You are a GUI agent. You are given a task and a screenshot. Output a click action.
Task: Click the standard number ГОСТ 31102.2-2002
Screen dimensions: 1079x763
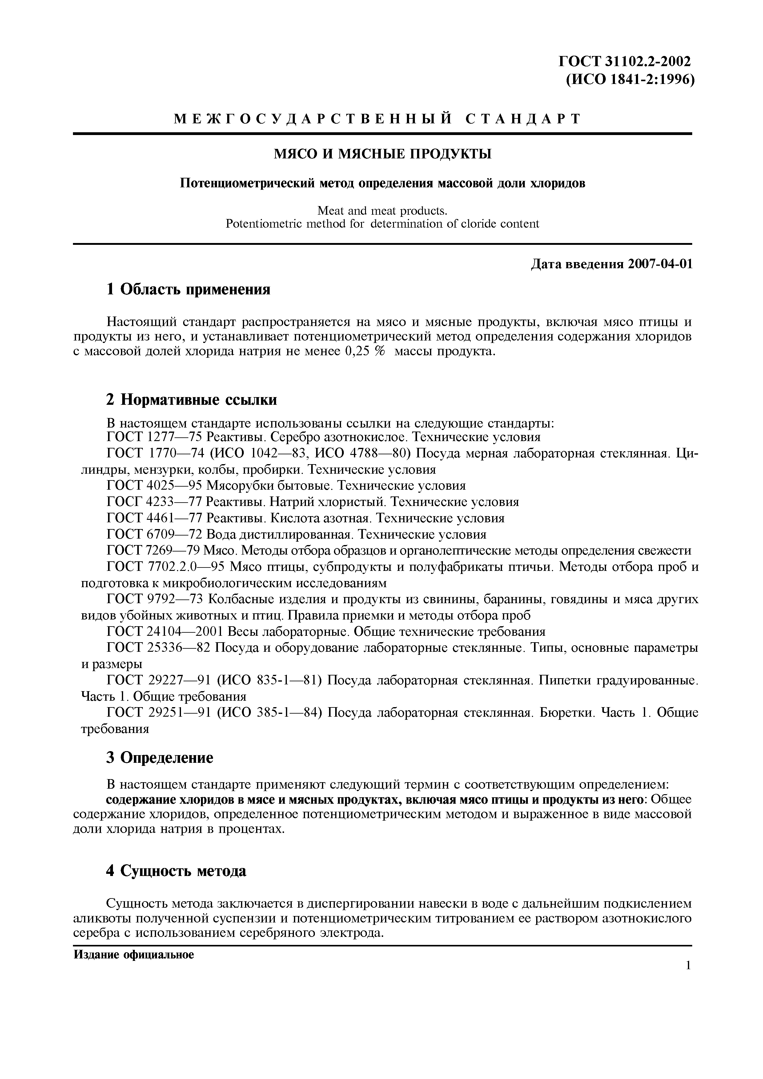[x=625, y=61]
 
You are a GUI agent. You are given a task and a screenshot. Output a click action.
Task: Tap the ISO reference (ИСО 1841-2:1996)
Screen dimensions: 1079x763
[x=629, y=80]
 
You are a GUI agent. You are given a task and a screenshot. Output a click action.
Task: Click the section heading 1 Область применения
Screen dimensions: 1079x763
[x=188, y=289]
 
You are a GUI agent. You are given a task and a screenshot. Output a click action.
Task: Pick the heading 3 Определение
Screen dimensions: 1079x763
[x=159, y=758]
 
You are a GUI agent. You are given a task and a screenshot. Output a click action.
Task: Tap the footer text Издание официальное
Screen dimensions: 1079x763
[x=134, y=954]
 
